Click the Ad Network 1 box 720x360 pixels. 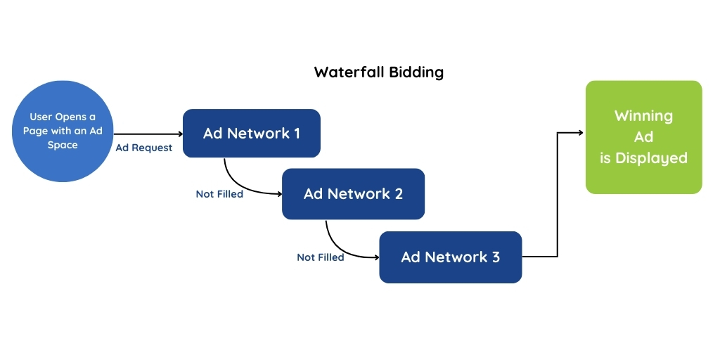click(x=251, y=133)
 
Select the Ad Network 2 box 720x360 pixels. click(x=353, y=193)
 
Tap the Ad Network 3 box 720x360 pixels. click(x=450, y=257)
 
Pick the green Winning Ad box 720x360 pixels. click(x=643, y=137)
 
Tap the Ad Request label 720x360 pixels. click(x=143, y=148)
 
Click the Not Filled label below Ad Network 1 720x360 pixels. click(x=219, y=194)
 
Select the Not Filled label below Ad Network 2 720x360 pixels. click(x=321, y=257)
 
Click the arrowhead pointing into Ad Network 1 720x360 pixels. click(x=179, y=133)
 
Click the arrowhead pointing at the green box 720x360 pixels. click(x=581, y=132)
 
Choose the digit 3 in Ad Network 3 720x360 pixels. click(x=496, y=257)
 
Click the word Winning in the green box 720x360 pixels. click(x=643, y=116)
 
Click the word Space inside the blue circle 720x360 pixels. click(x=63, y=145)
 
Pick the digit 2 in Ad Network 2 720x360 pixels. click(x=399, y=193)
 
